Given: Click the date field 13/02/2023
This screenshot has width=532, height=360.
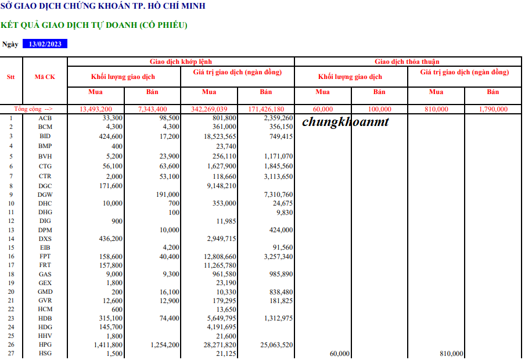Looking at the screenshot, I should tap(45, 44).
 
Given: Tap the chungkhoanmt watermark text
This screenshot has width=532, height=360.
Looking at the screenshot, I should tap(346, 122).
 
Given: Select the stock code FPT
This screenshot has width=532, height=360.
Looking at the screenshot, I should tap(45, 256).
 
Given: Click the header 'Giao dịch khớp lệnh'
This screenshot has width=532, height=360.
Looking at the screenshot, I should tap(181, 62).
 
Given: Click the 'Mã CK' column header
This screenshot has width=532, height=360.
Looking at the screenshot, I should tap(45, 77).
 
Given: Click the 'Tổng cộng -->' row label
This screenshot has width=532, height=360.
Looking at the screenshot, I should tap(33, 109).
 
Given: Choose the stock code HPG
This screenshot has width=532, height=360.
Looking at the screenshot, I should tap(45, 344).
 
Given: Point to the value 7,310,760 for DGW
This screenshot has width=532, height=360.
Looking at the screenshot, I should tap(278, 195).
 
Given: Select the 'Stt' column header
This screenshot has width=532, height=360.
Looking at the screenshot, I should tap(10, 77).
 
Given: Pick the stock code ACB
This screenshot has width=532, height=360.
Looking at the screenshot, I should tap(45, 118).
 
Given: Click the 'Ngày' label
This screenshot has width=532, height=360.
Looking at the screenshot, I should tap(10, 44).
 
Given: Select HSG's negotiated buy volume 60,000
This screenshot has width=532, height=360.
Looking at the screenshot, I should tap(339, 354).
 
